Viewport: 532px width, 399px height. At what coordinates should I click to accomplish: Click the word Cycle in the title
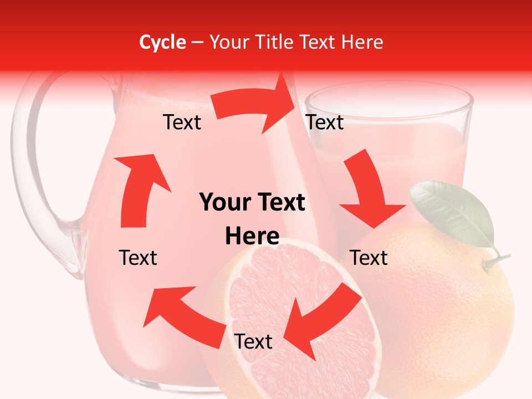click(x=162, y=42)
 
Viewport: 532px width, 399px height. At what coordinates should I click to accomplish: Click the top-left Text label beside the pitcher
click(x=182, y=122)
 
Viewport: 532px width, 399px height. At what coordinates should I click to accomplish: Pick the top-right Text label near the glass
click(x=325, y=122)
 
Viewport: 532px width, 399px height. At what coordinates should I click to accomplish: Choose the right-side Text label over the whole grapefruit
click(x=369, y=258)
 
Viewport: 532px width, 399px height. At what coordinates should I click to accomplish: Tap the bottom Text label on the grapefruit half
click(x=253, y=342)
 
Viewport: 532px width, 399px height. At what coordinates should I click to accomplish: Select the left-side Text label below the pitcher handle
click(x=138, y=258)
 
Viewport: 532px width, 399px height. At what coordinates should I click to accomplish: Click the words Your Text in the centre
click(x=252, y=203)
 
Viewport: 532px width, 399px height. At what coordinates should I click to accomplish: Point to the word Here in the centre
click(x=252, y=237)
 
